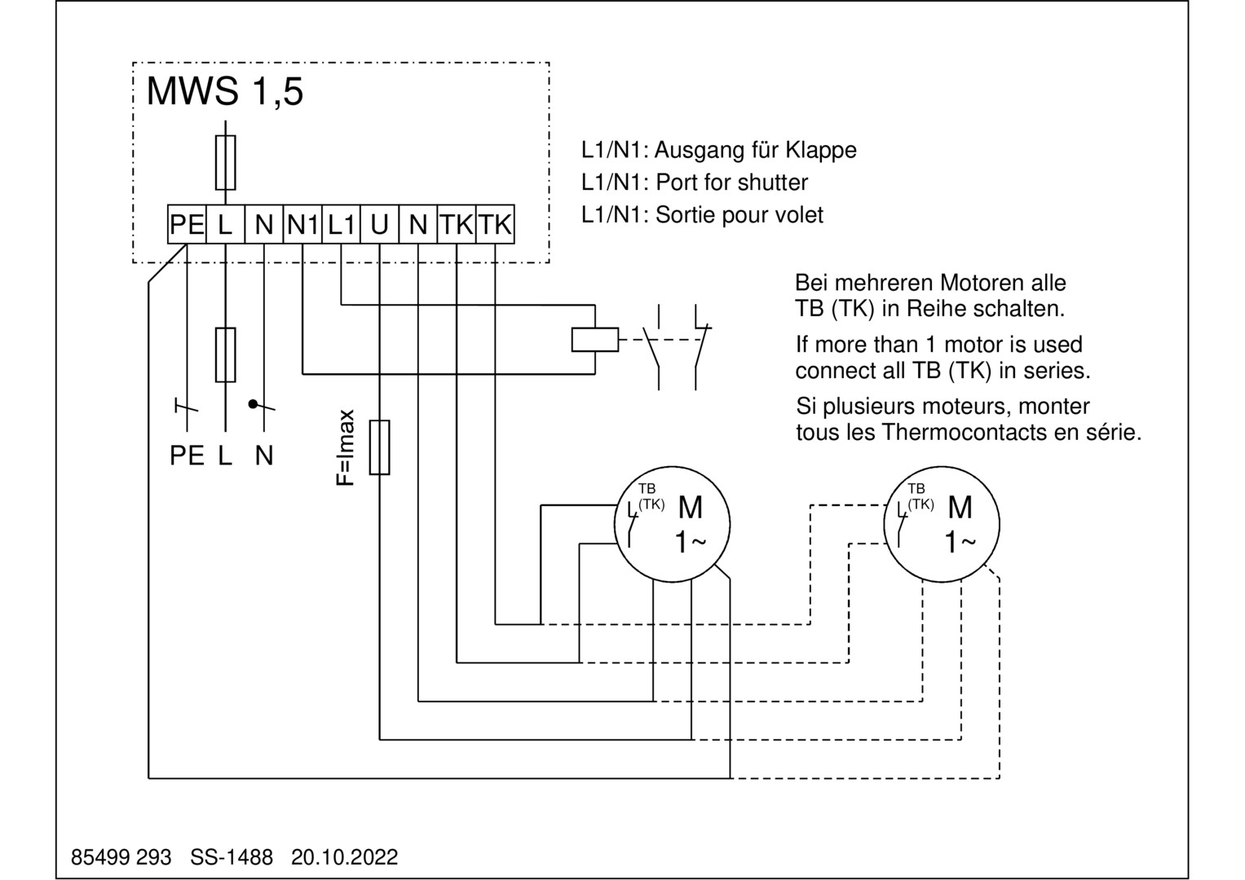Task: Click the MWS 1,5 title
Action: pos(224,91)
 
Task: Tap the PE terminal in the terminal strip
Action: pos(187,224)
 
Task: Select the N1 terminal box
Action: pos(302,224)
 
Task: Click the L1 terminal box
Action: pos(342,224)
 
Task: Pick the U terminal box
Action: pos(379,224)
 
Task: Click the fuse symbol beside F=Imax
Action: pos(379,447)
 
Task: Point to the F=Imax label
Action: pos(346,447)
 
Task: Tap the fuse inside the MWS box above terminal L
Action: pos(225,162)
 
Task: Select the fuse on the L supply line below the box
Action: pos(225,355)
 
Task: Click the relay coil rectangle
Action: pos(594,338)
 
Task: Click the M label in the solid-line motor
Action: pos(690,508)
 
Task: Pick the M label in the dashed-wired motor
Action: pos(960,508)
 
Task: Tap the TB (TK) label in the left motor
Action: pos(650,496)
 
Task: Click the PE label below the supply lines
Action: pos(187,456)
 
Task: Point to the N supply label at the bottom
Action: pos(263,456)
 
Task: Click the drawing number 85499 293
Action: pos(121,857)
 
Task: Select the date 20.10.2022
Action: pos(345,857)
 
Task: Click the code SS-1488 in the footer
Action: pos(232,857)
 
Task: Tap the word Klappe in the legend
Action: pos(821,150)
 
